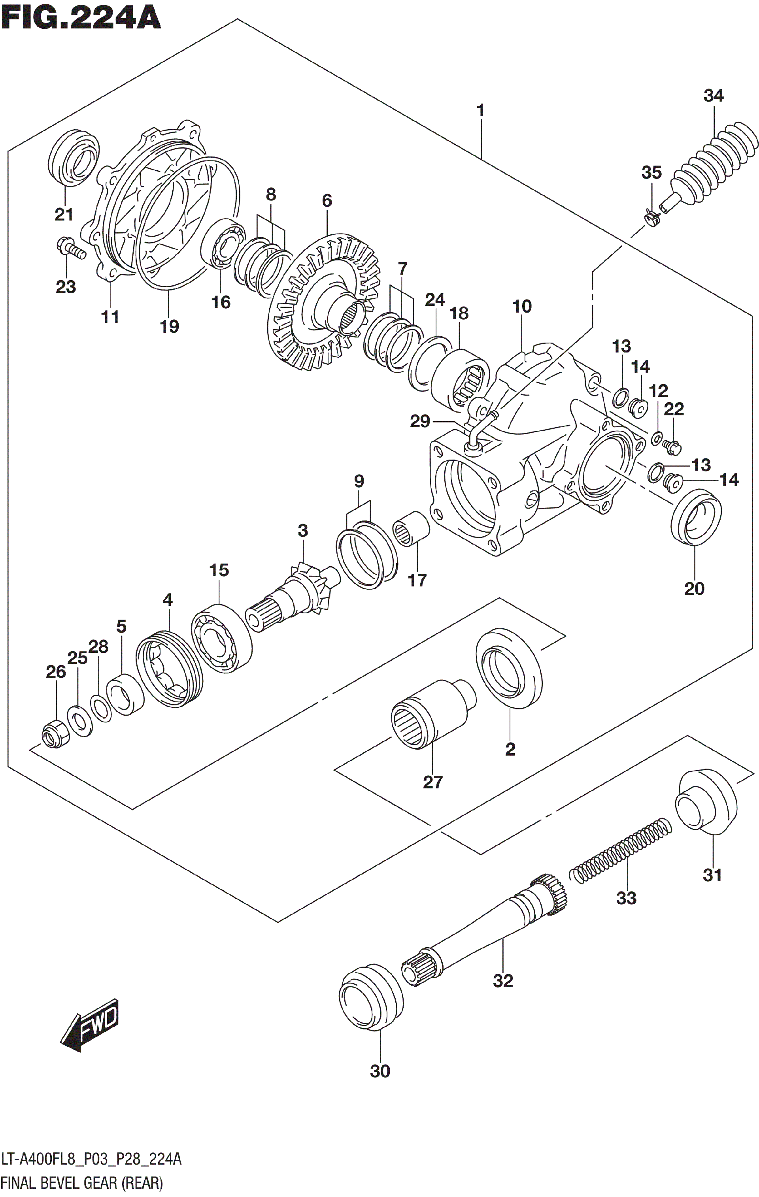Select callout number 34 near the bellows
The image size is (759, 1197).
tap(713, 96)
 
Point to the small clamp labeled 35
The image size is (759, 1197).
tap(651, 216)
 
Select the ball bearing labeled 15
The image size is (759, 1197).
tap(221, 639)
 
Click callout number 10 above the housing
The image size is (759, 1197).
tap(522, 306)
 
